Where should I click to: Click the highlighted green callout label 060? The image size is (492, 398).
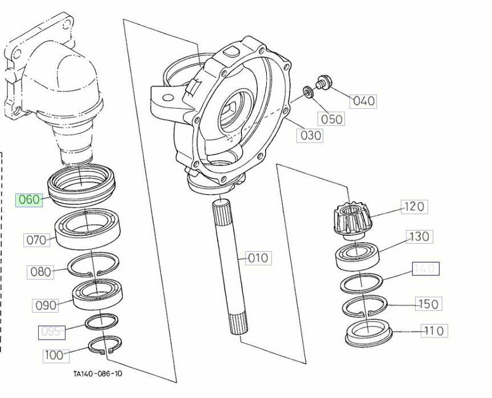point(30,200)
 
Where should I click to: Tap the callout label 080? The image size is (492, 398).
point(42,271)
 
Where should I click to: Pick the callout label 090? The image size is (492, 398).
point(46,305)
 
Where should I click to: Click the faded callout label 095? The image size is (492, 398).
point(52,332)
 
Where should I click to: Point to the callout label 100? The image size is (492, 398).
point(55,354)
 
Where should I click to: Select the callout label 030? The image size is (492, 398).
point(311,135)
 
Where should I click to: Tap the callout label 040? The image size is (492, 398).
point(363,101)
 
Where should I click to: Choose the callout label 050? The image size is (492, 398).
point(331,119)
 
